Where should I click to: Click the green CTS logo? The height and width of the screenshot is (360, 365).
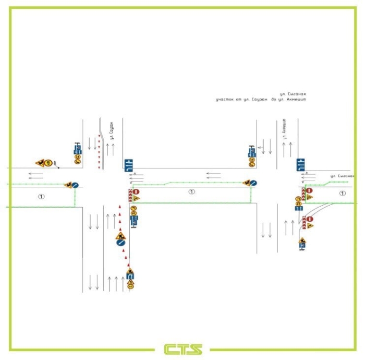pyautogui.click(x=182, y=349)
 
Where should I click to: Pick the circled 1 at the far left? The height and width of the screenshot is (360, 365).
pyautogui.click(x=41, y=197)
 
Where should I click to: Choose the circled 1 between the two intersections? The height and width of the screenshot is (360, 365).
pyautogui.click(x=191, y=192)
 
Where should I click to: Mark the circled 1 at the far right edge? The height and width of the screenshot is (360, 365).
pyautogui.click(x=342, y=193)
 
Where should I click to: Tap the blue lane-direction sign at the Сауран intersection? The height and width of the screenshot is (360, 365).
pyautogui.click(x=128, y=165)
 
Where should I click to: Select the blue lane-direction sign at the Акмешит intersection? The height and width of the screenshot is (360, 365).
pyautogui.click(x=301, y=164)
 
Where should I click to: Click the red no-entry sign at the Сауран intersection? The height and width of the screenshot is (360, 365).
pyautogui.click(x=136, y=192)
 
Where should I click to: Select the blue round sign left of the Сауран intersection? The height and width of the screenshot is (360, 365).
pyautogui.click(x=75, y=185)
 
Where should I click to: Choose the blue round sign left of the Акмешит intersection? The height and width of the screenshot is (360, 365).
pyautogui.click(x=253, y=183)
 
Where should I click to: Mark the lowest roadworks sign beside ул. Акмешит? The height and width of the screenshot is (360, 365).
pyautogui.click(x=302, y=242)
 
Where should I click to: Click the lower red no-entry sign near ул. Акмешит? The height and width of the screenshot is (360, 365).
pyautogui.click(x=310, y=219)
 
